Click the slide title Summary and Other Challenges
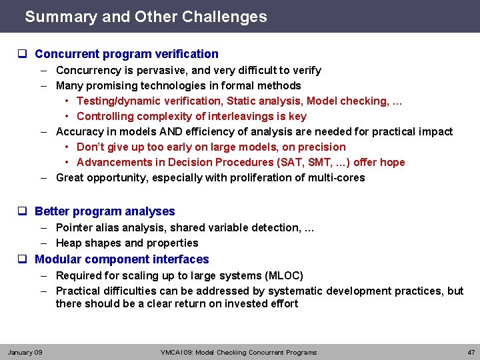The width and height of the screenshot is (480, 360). click(x=145, y=17)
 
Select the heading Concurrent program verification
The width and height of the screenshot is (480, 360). click(x=126, y=54)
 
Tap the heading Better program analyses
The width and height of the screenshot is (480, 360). click(x=105, y=211)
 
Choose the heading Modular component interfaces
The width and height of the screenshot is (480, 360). click(x=121, y=259)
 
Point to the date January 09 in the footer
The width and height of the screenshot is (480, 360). click(x=25, y=352)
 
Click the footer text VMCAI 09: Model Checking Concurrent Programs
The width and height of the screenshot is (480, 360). click(x=239, y=352)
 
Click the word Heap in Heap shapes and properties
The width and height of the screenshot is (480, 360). click(x=69, y=243)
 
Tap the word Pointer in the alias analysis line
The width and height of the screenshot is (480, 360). click(x=75, y=227)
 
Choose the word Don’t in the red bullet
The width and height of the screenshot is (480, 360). click(x=90, y=147)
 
